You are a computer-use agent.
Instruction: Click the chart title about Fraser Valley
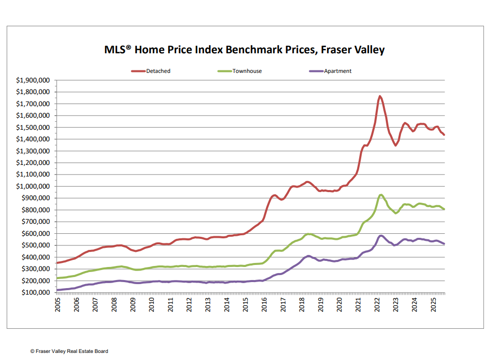(244, 50)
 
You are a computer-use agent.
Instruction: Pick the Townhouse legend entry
(247, 71)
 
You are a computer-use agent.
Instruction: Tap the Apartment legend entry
(337, 71)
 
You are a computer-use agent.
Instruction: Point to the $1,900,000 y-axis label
(33, 80)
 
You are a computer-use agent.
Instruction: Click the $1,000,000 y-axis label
(33, 187)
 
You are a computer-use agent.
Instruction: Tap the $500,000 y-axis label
(35, 245)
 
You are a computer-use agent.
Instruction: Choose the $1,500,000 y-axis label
(33, 128)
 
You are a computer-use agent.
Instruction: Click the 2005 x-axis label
(58, 305)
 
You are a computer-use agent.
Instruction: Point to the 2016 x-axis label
(265, 305)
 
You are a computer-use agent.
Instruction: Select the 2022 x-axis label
(377, 305)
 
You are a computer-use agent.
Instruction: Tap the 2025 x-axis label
(434, 305)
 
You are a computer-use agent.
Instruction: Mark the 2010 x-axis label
(152, 305)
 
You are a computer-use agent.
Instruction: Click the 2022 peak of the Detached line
(380, 96)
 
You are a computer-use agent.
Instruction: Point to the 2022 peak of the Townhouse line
(381, 195)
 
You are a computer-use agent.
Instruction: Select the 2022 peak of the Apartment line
(381, 235)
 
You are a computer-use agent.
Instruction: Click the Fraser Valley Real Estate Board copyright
(69, 351)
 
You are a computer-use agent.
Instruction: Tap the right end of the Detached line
(444, 135)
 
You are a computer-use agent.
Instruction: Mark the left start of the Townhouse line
(58, 278)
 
